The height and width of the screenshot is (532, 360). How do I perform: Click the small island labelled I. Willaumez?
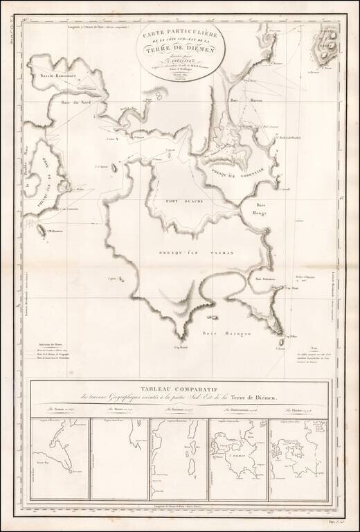coord(43,231)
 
